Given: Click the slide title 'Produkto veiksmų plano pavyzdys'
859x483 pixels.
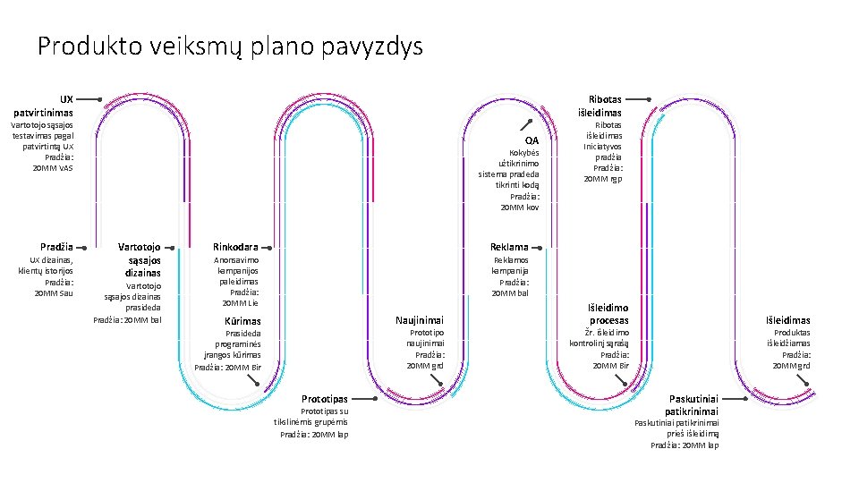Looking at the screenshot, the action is (230, 47).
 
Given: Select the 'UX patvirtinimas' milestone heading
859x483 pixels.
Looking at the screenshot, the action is (44, 106).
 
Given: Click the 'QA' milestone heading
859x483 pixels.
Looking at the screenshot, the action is (532, 140).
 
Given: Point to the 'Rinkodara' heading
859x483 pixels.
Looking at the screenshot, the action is (235, 247).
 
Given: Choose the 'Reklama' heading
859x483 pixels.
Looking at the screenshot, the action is (509, 247).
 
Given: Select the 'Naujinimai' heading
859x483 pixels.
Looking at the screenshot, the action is (420, 320).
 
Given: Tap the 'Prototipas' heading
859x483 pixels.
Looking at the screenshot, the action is (324, 399).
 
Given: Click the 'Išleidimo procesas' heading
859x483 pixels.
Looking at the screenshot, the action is (608, 314).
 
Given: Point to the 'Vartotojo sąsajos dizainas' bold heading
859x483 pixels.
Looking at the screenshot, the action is (140, 259).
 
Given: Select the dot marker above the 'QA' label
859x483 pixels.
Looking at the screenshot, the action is (530, 121).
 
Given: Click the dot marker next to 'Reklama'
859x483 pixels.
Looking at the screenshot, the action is (539, 247).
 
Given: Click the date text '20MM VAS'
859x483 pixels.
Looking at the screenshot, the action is (53, 167).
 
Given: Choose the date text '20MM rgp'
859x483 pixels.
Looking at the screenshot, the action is (603, 179).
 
